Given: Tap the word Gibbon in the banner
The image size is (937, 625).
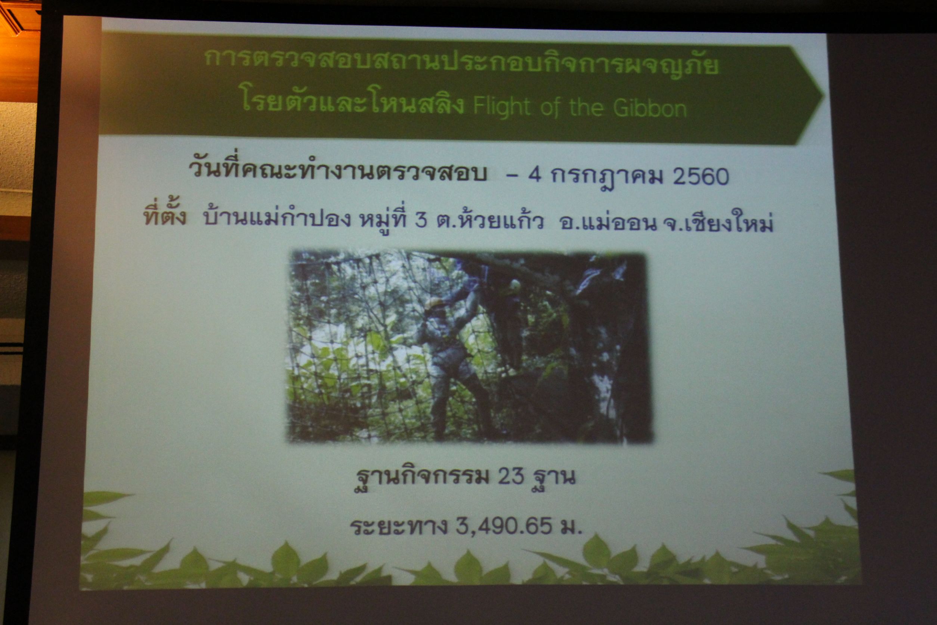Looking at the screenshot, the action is coord(650,108).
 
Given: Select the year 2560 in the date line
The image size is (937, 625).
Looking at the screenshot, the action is coord(701,176).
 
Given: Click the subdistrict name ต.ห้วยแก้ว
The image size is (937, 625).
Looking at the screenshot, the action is coord(490,220).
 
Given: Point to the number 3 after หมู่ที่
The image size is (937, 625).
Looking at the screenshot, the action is coord(421,220).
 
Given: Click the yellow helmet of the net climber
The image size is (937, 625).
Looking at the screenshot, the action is coord(433,304).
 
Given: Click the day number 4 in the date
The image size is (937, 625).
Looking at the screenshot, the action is coord(535,175).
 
